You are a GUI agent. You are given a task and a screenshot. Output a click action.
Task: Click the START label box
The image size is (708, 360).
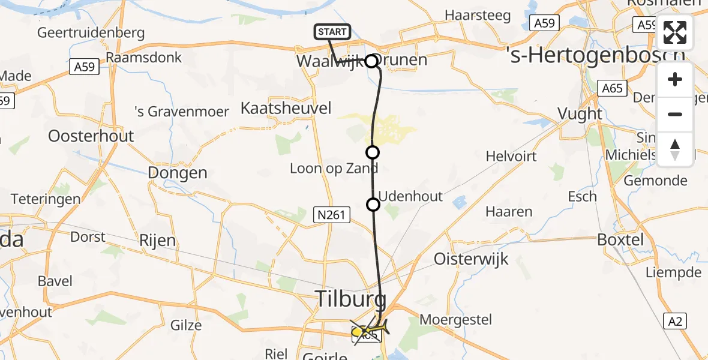pos(331,32)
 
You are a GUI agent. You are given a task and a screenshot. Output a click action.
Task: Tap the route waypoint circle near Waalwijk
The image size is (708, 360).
pos(372,61)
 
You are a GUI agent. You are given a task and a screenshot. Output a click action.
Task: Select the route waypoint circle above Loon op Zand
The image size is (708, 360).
pos(373,152)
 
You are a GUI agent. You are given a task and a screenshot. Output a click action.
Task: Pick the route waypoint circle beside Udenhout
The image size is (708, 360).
pos(373,205)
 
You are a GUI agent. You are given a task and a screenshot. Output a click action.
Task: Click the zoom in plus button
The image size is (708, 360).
pos(675,80)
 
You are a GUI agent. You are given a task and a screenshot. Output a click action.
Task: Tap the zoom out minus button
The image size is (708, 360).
pos(675,114)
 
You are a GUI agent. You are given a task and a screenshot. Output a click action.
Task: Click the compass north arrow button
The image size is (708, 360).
pos(675,149)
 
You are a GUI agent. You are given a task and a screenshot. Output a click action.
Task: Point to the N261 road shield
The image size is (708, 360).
pos(332,214)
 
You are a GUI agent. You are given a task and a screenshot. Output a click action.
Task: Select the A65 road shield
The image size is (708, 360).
pos(613,89)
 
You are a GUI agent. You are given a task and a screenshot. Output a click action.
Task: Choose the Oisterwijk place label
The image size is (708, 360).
pos(471,259)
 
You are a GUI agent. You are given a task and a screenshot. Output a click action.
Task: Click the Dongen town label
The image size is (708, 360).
pos(178,173)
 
